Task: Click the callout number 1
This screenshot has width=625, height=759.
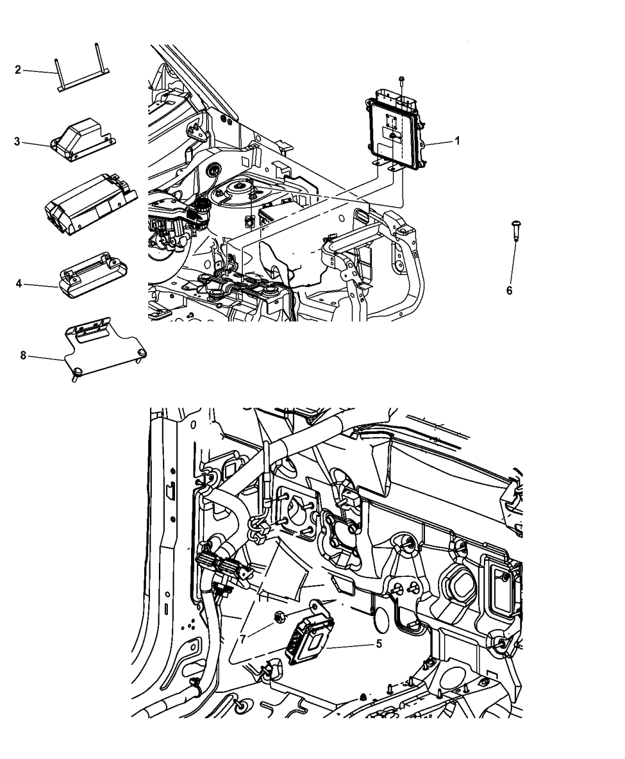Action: [457, 141]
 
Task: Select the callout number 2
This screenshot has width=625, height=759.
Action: [18, 70]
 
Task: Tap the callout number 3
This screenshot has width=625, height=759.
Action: [18, 142]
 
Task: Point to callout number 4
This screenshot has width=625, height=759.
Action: [18, 285]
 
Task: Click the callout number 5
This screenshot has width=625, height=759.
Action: [379, 644]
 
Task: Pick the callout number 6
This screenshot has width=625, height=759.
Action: [509, 291]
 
